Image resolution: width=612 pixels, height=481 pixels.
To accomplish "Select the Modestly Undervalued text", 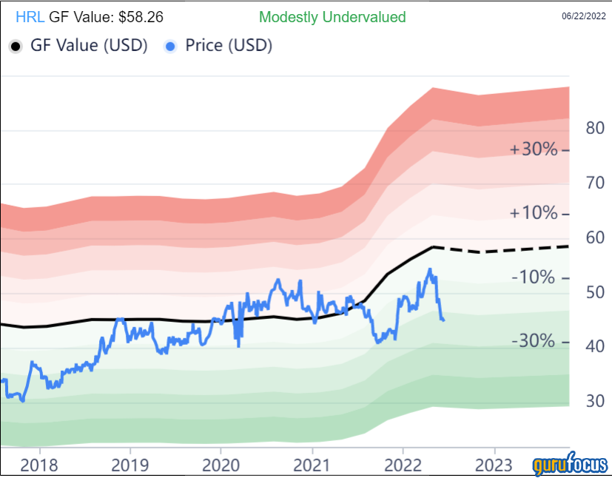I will point(332,17).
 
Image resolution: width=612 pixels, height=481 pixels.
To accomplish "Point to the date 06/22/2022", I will point(584,16).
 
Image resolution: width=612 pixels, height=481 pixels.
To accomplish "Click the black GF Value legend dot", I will point(16,46).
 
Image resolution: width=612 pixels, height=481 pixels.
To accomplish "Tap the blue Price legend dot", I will point(172,46).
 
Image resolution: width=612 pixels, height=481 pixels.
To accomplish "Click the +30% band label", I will point(534,149).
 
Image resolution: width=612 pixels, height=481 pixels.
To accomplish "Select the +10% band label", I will point(534,213).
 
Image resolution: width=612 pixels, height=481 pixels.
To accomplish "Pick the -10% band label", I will point(534,277).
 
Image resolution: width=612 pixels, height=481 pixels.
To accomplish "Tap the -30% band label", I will point(534,341).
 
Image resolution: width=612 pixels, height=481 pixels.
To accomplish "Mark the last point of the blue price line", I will point(443,320).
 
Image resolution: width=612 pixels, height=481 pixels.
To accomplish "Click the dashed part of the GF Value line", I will point(503,250).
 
